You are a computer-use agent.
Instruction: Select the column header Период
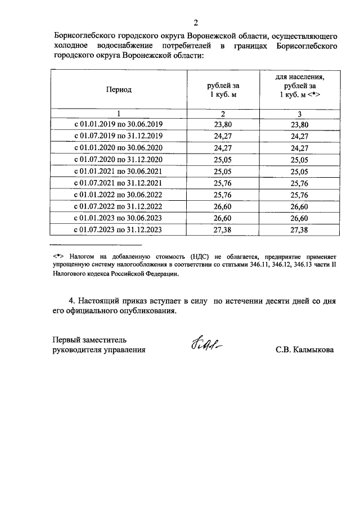(x=118, y=89)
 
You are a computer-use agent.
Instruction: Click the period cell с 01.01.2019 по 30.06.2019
(x=118, y=125)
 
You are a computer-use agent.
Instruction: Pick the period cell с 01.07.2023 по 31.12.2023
(x=118, y=229)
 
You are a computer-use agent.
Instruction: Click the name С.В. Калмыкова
(x=304, y=350)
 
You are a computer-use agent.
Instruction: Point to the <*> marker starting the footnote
(x=56, y=255)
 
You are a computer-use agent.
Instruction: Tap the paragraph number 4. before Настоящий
(x=71, y=301)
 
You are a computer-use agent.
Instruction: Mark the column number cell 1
(x=118, y=113)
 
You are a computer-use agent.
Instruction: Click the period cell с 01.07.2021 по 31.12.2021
(x=118, y=183)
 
